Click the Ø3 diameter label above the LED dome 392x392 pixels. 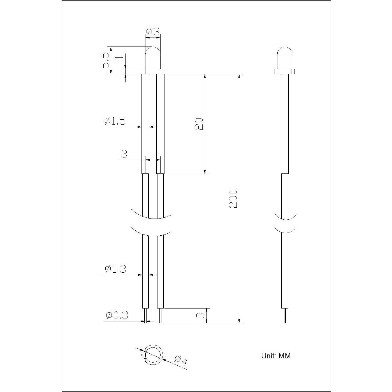[x=153, y=31]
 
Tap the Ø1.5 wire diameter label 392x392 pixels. [x=115, y=121]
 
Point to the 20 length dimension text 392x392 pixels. [x=198, y=124]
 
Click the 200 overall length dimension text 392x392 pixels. [x=233, y=199]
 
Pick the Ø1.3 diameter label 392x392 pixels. [x=115, y=269]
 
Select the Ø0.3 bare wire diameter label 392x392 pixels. [x=117, y=316]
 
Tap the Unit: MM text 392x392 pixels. [x=276, y=356]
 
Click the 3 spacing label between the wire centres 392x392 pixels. [x=124, y=154]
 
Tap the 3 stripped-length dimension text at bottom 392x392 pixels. [x=200, y=316]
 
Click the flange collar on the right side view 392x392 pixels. [x=285, y=71]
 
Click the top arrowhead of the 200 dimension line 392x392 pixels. [x=239, y=77]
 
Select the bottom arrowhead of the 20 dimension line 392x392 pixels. [x=205, y=171]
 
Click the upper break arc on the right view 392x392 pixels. [x=285, y=217]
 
